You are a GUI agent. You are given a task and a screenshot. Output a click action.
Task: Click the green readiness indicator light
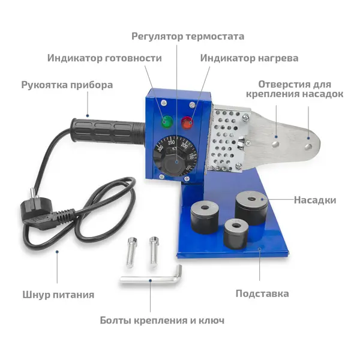(167, 122)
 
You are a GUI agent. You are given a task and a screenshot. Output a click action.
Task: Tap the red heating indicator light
(187, 122)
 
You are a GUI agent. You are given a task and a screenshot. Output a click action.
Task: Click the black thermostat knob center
(176, 162)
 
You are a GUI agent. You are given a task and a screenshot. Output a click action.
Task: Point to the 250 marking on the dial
(171, 143)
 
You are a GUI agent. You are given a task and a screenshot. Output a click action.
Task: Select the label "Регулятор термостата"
(188, 37)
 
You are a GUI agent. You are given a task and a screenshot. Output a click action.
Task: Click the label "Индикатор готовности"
(104, 58)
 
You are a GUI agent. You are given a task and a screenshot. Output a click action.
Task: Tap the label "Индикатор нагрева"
(249, 58)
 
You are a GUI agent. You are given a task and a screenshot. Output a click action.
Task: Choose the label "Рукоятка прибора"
(67, 85)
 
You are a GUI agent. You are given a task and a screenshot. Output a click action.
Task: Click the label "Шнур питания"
(58, 295)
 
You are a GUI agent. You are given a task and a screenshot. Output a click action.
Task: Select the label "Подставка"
(262, 293)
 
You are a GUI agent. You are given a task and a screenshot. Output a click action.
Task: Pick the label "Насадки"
(315, 200)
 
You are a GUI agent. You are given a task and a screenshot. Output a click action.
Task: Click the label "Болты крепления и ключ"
(162, 320)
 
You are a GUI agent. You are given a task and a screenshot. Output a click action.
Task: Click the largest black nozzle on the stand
(251, 208)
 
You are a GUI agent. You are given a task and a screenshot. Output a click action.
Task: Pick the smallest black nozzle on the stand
(236, 233)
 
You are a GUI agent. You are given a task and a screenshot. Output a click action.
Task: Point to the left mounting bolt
(131, 252)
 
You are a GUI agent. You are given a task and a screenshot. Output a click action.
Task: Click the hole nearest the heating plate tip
(308, 146)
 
